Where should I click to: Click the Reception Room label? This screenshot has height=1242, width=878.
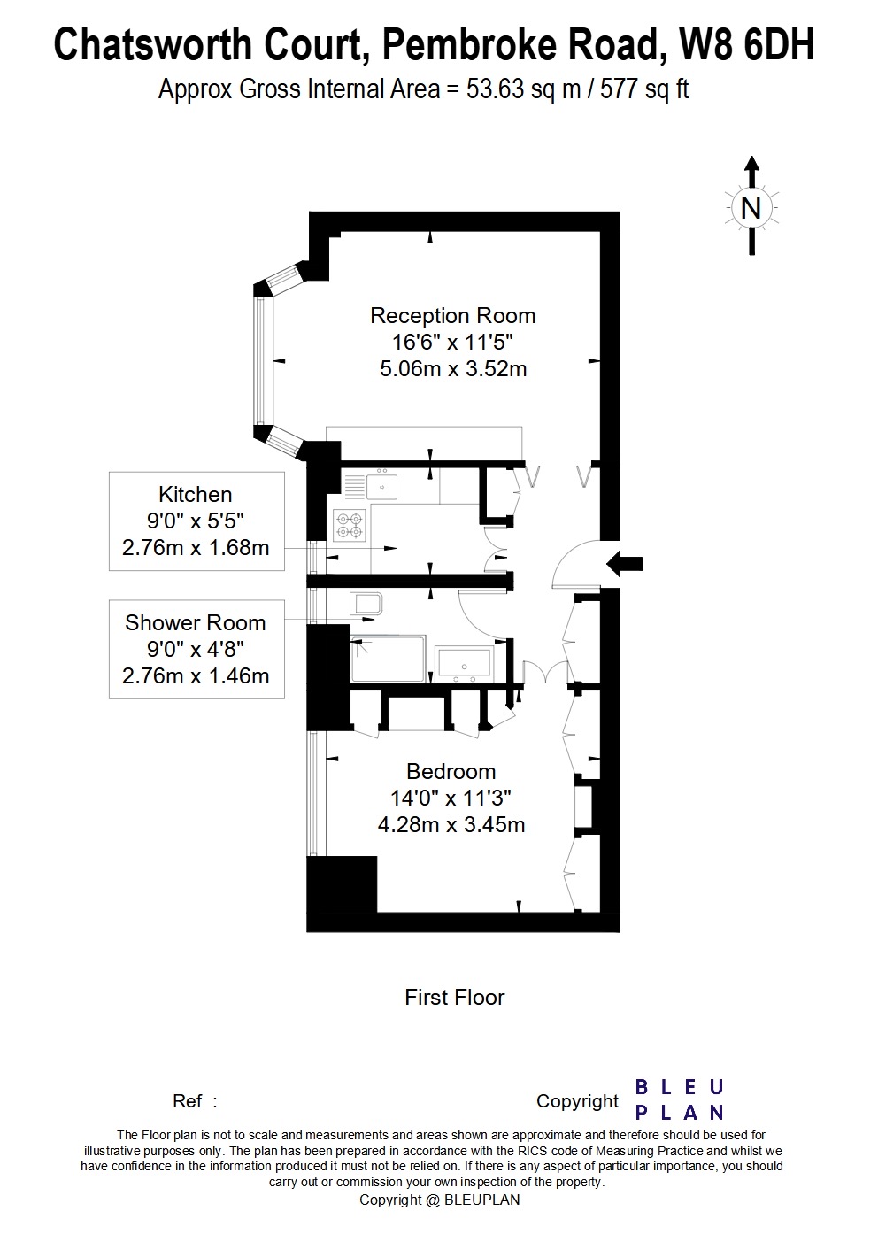click(452, 315)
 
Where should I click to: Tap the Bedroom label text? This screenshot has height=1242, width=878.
click(451, 771)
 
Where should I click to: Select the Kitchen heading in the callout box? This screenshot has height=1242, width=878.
click(195, 494)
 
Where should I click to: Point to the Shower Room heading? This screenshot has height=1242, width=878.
click(195, 622)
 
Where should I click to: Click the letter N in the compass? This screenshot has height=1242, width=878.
click(751, 208)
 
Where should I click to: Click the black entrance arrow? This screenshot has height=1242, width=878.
click(626, 564)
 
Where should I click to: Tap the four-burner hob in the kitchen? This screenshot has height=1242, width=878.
click(349, 526)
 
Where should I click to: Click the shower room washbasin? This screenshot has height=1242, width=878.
click(465, 661)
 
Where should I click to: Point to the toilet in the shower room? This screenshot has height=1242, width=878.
click(366, 604)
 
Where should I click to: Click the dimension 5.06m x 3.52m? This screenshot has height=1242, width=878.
click(452, 368)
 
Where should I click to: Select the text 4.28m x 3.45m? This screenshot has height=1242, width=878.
click(451, 824)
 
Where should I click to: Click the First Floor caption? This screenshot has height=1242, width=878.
click(454, 997)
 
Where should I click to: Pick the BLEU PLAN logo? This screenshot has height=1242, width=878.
click(679, 1099)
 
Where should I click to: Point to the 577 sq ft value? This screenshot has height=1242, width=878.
click(644, 89)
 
